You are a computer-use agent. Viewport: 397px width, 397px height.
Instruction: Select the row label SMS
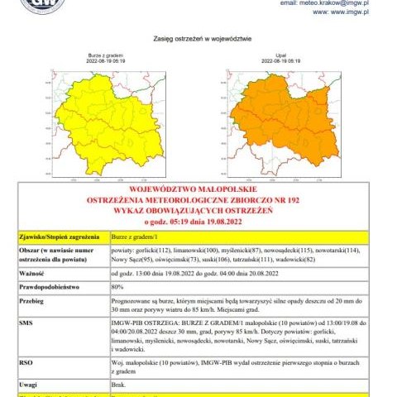click(25, 322)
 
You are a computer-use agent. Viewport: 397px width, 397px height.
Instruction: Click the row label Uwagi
click(27, 383)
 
